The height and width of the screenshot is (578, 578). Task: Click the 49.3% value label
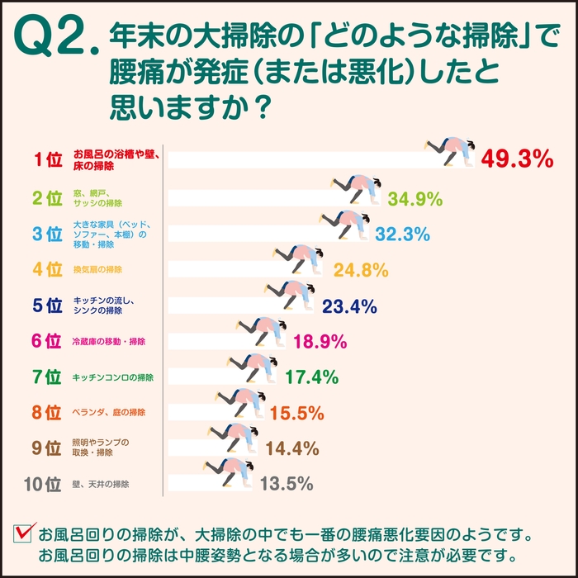[x=517, y=159]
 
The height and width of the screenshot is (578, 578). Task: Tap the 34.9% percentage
[x=415, y=199]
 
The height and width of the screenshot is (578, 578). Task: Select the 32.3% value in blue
[x=402, y=235]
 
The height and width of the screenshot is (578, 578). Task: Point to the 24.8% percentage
[x=361, y=270]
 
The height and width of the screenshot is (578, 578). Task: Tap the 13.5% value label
[x=286, y=484]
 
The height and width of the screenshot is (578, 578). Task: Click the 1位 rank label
[x=48, y=159]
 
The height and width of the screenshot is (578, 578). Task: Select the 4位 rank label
[x=47, y=270]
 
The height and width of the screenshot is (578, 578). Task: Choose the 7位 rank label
[x=47, y=377]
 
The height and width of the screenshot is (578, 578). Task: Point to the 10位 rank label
[x=43, y=484]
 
